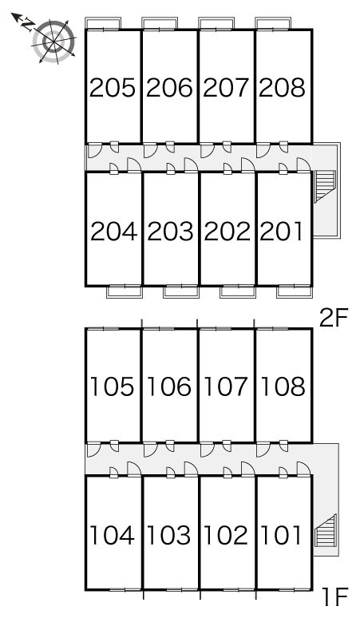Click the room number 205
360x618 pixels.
pyautogui.click(x=113, y=88)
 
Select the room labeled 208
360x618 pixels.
pyautogui.click(x=283, y=88)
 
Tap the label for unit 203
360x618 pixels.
pyautogui.click(x=170, y=232)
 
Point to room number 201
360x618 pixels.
pyautogui.click(x=282, y=232)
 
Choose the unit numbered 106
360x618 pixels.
pyautogui.click(x=169, y=386)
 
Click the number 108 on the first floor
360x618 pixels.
pyautogui.click(x=283, y=386)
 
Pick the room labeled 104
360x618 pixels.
pyautogui.click(x=113, y=535)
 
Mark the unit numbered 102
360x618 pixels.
pyautogui.click(x=226, y=535)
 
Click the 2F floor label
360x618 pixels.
pyautogui.click(x=334, y=319)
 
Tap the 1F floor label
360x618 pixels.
pyautogui.click(x=335, y=596)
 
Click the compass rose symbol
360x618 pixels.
pyautogui.click(x=54, y=41)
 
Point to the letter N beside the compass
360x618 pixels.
pyautogui.click(x=27, y=25)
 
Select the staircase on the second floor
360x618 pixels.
pyautogui.click(x=325, y=186)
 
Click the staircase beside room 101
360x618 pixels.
pyautogui.click(x=325, y=530)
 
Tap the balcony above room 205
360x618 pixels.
pyautogui.click(x=103, y=23)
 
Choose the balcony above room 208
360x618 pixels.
pyautogui.click(x=273, y=23)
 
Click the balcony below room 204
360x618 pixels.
pyautogui.click(x=125, y=291)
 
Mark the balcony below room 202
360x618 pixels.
pyautogui.click(x=238, y=291)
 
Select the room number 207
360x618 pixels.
pyautogui.click(x=226, y=88)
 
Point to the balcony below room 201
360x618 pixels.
pyautogui.click(x=295, y=291)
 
